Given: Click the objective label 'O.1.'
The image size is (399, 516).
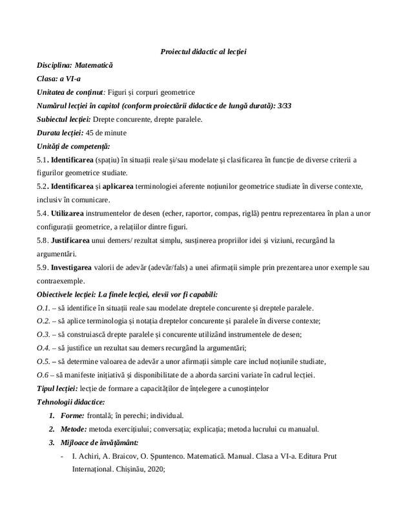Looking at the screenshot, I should pyautogui.click(x=43, y=308).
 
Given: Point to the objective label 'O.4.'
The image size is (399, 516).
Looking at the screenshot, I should pyautogui.click(x=43, y=348).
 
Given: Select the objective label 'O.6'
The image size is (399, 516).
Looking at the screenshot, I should pyautogui.click(x=43, y=375).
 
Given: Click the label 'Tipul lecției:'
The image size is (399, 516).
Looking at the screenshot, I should pyautogui.click(x=57, y=388).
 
